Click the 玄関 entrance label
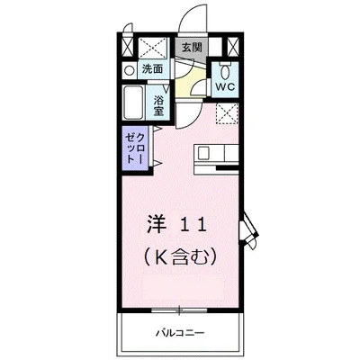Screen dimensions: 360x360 pos(191,47)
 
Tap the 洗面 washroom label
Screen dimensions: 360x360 pos(152,68)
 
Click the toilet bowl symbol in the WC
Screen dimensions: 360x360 pos(224,71)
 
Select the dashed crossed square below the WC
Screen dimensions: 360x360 pos(226,113)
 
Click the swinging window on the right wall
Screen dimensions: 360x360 pos(248,230)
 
